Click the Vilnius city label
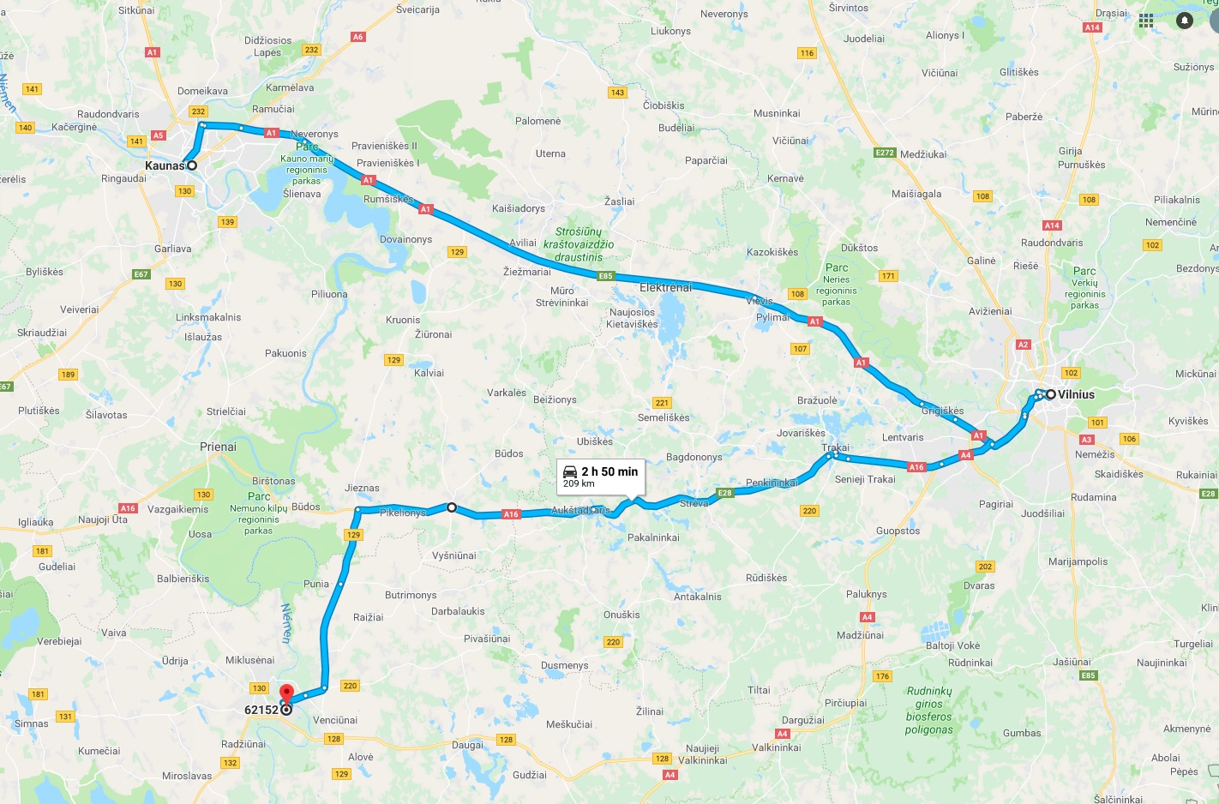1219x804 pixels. click(x=1076, y=394)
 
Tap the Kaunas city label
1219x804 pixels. click(x=165, y=165)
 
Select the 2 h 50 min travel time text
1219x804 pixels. click(x=609, y=471)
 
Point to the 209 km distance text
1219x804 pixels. click(x=579, y=483)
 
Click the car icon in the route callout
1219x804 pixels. click(x=570, y=471)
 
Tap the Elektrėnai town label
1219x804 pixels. click(x=665, y=287)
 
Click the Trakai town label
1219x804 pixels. click(x=835, y=447)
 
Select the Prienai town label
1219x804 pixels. click(x=218, y=447)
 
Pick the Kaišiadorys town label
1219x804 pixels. click(x=518, y=208)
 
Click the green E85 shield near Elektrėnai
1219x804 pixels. click(x=605, y=276)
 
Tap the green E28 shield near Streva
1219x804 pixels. click(x=725, y=493)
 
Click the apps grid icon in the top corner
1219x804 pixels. click(x=1146, y=21)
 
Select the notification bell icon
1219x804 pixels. click(x=1185, y=21)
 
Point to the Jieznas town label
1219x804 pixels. click(x=362, y=488)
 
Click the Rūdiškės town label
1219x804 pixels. click(x=766, y=578)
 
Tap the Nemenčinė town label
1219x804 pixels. click(x=1170, y=222)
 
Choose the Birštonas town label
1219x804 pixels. click(x=273, y=481)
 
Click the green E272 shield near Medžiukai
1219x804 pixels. click(x=885, y=153)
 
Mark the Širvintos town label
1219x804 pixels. click(x=849, y=8)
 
